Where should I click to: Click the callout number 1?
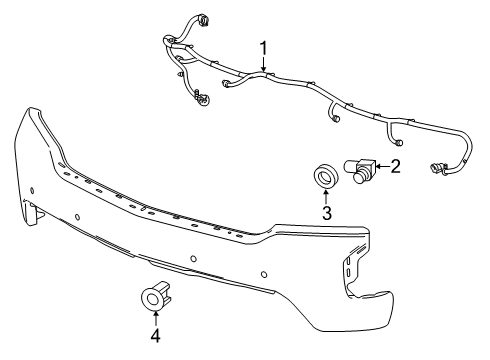tap(265, 47)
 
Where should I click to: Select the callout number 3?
tap(326, 212)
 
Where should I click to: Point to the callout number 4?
tap(155, 336)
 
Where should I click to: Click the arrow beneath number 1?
tap(265, 65)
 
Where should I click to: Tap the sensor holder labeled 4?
tap(156, 299)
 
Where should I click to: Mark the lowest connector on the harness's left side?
tap(201, 98)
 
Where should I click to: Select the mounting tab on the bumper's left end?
tap(37, 211)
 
